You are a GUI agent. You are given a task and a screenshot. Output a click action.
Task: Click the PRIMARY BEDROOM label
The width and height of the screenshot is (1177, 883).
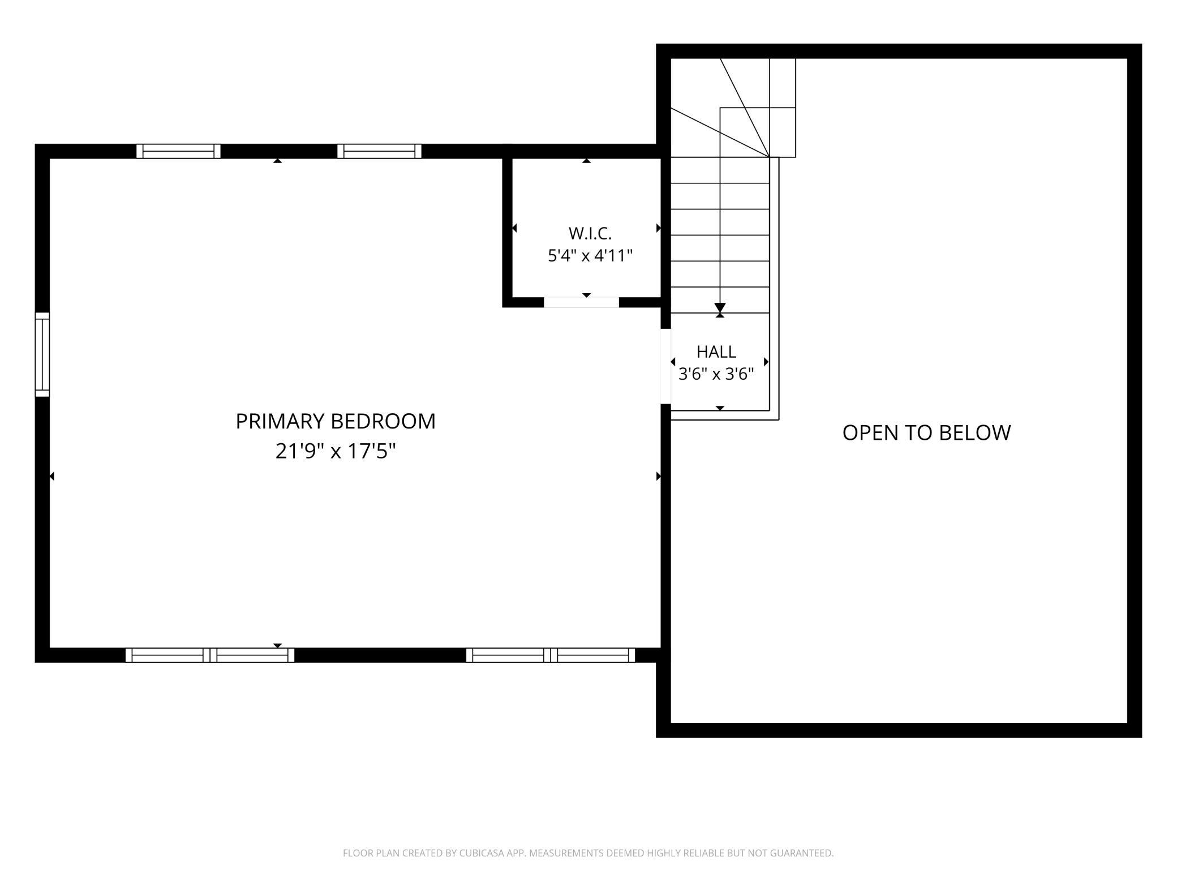click(x=336, y=421)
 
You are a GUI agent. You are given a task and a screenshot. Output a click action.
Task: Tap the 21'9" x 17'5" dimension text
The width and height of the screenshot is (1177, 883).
click(x=336, y=451)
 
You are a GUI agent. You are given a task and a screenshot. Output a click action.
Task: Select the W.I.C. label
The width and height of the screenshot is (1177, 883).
click(x=590, y=233)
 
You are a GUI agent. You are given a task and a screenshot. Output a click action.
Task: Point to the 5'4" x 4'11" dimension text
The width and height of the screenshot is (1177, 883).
click(x=590, y=256)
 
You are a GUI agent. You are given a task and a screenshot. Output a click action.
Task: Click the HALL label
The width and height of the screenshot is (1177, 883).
click(x=716, y=352)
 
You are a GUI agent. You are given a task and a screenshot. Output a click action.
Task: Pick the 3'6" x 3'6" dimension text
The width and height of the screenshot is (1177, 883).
click(x=716, y=374)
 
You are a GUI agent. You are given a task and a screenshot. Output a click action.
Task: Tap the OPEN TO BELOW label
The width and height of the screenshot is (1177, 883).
click(x=926, y=432)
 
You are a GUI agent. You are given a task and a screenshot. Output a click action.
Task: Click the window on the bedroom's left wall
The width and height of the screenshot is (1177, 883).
click(x=42, y=354)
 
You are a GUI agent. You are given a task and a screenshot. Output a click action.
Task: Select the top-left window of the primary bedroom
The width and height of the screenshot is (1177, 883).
click(x=178, y=151)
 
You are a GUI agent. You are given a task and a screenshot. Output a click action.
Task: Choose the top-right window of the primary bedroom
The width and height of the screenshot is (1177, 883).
click(x=379, y=151)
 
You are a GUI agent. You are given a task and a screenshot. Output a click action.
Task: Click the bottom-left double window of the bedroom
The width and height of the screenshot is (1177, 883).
click(x=210, y=655)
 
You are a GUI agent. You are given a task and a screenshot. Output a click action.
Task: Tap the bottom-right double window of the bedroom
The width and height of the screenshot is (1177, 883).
click(x=551, y=655)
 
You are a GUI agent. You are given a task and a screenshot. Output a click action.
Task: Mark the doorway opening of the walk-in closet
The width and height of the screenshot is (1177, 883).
click(x=582, y=302)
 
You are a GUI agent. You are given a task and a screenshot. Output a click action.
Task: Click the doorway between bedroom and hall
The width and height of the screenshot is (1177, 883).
click(x=666, y=366)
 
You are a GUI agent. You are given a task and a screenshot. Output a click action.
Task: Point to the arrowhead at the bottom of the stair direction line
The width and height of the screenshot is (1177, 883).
click(x=720, y=308)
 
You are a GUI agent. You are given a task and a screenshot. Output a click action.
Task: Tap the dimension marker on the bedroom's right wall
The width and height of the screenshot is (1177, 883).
click(x=659, y=477)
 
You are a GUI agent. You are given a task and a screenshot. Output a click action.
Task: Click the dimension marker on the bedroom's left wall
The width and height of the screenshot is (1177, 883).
click(x=52, y=477)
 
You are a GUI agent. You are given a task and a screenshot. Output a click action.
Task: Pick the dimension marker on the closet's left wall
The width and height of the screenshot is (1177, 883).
click(x=514, y=228)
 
